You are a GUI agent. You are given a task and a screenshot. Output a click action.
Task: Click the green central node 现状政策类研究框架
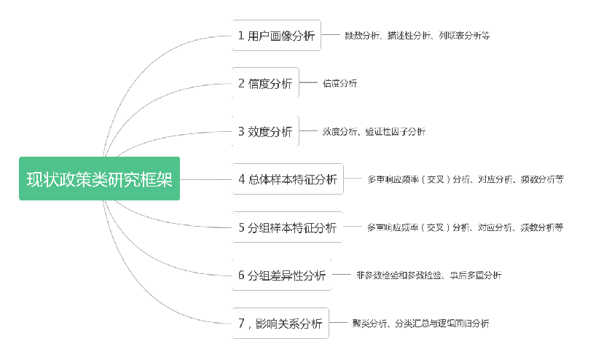point(99,179)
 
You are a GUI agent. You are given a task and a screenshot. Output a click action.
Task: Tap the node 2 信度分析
point(265,83)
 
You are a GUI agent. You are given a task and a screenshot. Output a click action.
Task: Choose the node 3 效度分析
point(265,131)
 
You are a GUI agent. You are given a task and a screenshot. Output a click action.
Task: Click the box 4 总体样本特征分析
point(288,179)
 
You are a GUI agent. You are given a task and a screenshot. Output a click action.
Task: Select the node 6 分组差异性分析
point(282,275)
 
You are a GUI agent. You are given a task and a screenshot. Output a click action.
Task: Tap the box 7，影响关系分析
point(280,323)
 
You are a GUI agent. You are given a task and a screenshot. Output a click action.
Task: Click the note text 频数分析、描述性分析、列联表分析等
point(417,35)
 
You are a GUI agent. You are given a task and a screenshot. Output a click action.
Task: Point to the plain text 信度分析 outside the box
point(339,83)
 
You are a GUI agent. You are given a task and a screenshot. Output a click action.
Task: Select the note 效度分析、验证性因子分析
point(374,131)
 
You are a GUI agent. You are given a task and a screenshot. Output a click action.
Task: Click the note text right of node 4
point(465,179)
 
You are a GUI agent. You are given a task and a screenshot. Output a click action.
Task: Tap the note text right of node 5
point(465,227)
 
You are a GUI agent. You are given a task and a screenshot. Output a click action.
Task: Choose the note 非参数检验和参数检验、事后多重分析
point(428,275)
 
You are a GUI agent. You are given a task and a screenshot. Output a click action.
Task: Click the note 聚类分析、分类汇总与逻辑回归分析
point(420,323)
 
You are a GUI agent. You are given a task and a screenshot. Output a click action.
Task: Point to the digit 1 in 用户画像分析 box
point(241,35)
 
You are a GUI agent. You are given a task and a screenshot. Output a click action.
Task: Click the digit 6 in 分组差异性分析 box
point(241,275)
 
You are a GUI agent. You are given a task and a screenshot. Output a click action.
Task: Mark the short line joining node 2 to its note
point(307,83)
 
